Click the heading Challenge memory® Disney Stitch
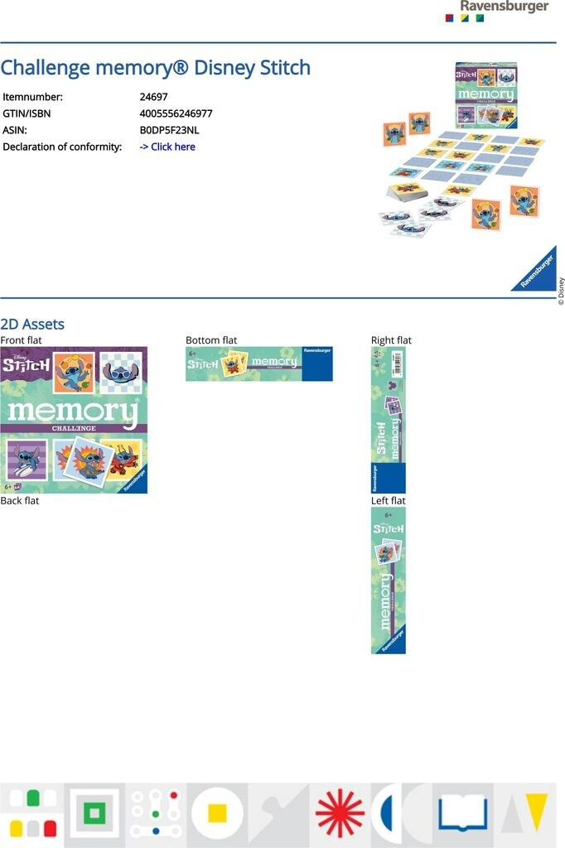click(156, 68)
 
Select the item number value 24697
click(153, 97)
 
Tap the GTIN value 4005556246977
click(176, 113)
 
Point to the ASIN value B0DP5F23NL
click(169, 130)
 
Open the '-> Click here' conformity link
click(167, 147)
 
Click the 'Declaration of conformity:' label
click(62, 147)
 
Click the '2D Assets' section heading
click(32, 324)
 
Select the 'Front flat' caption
click(21, 340)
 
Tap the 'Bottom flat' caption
click(211, 340)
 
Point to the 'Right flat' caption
click(391, 340)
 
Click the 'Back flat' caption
click(20, 501)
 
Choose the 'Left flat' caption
click(388, 501)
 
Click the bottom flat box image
click(258, 364)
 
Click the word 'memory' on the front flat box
click(73, 412)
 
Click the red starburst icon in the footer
click(340, 813)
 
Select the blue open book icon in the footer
click(462, 812)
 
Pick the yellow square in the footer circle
click(217, 813)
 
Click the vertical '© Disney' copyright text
click(561, 291)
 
